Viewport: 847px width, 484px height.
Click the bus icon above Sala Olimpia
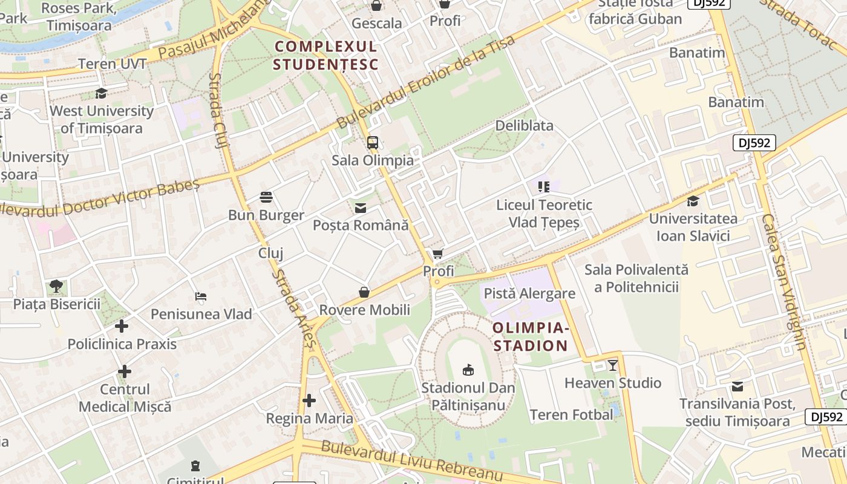pyautogui.click(x=373, y=143)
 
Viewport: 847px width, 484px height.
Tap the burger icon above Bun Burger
pyautogui.click(x=266, y=197)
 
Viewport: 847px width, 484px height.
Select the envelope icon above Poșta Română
pyautogui.click(x=361, y=208)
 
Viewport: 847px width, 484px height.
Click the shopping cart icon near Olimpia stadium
pyautogui.click(x=437, y=254)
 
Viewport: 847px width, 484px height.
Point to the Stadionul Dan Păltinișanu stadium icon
pyautogui.click(x=468, y=370)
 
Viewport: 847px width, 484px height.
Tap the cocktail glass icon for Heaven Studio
pyautogui.click(x=613, y=365)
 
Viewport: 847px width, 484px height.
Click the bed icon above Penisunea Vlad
pyautogui.click(x=201, y=296)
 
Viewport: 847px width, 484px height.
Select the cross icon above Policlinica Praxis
pyautogui.click(x=122, y=327)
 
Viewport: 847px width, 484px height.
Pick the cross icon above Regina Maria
pyautogui.click(x=309, y=401)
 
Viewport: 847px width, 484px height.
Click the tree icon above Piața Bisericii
pyautogui.click(x=56, y=286)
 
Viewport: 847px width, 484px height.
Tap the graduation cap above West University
pyautogui.click(x=101, y=94)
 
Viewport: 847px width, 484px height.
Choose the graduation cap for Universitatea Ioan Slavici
pyautogui.click(x=693, y=201)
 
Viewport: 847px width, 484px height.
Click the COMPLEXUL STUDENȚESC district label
pyautogui.click(x=325, y=55)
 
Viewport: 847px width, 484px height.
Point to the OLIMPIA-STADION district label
pyautogui.click(x=530, y=337)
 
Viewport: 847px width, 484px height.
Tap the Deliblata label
pyautogui.click(x=524, y=126)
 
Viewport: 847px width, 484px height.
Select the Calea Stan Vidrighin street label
pyautogui.click(x=784, y=281)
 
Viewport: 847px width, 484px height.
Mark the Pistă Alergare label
pyautogui.click(x=529, y=294)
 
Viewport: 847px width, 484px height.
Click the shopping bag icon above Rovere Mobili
pyautogui.click(x=364, y=293)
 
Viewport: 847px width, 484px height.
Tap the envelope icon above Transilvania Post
pyautogui.click(x=737, y=387)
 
